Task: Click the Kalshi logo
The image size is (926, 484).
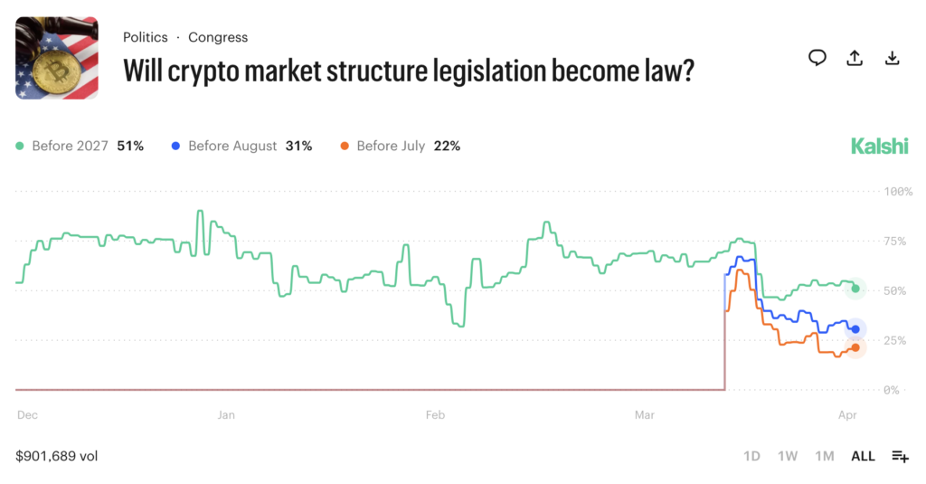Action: click(879, 146)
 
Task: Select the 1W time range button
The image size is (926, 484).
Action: click(788, 456)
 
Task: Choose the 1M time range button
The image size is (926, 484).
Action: click(824, 456)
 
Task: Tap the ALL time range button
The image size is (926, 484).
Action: click(863, 456)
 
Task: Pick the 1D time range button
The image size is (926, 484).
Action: click(751, 456)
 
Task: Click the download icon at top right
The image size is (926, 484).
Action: click(892, 58)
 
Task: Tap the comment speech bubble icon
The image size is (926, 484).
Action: click(817, 58)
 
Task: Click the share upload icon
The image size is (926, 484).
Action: click(855, 58)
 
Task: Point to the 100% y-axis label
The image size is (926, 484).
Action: click(898, 192)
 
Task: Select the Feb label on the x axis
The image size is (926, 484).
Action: click(436, 415)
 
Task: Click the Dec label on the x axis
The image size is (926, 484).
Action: click(27, 415)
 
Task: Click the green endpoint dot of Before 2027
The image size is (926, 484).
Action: click(855, 289)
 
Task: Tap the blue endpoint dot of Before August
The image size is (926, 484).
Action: click(855, 329)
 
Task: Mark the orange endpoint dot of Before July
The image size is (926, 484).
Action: click(855, 347)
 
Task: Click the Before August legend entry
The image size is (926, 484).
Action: click(232, 146)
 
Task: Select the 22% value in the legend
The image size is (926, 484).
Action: click(446, 146)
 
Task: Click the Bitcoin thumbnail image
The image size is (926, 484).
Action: click(57, 58)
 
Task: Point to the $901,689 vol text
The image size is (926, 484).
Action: click(56, 456)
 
